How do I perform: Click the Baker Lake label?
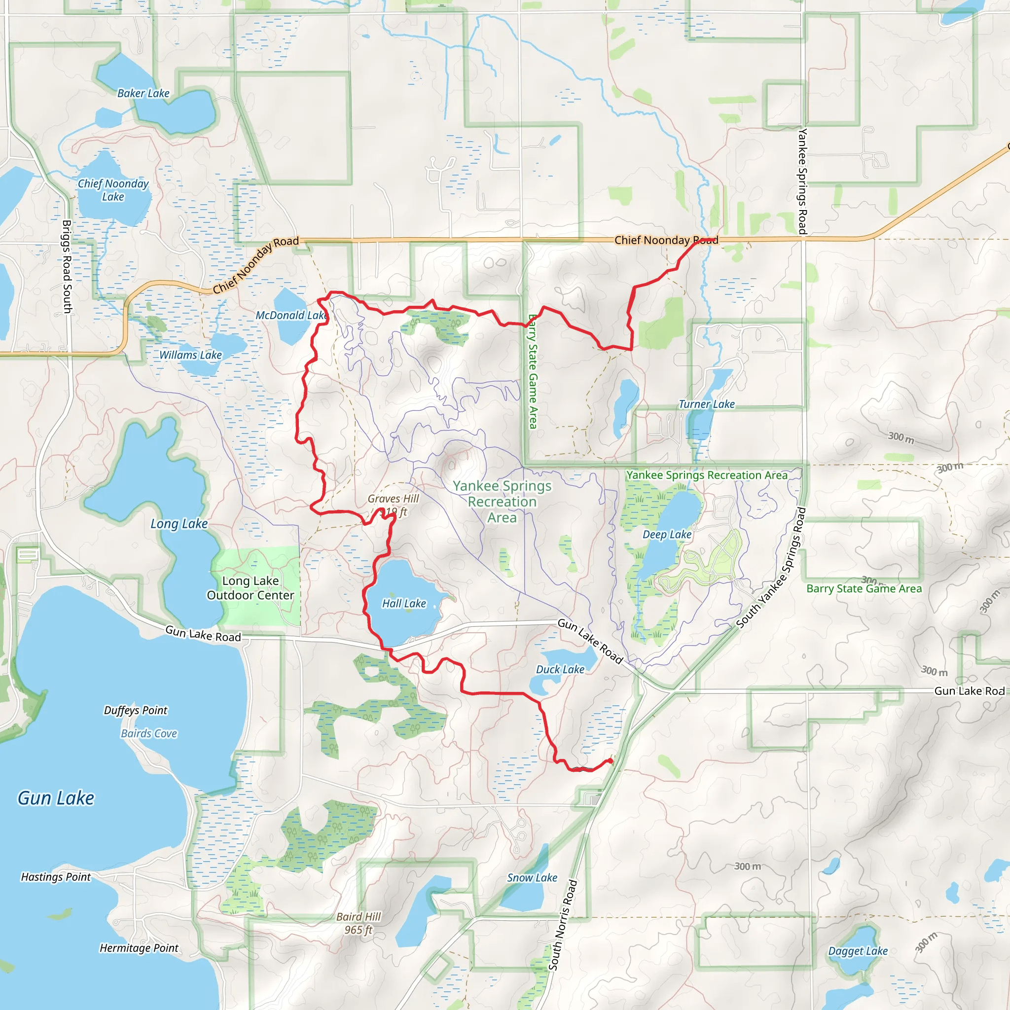tap(143, 94)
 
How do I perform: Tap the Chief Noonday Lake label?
tap(113, 190)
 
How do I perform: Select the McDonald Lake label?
tap(291, 315)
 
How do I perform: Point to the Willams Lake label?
tap(191, 355)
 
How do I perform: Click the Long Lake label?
tap(179, 524)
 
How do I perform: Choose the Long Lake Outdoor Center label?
tap(251, 588)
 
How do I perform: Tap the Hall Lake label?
tap(404, 603)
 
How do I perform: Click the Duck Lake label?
tap(560, 669)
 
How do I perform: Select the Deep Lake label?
tap(667, 534)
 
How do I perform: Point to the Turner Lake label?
tap(707, 404)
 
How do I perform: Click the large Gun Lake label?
tap(56, 798)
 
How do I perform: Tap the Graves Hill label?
tap(393, 499)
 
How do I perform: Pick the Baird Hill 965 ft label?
tap(359, 923)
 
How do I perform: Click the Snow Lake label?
tap(532, 878)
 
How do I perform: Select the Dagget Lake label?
tap(858, 951)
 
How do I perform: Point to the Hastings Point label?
tap(56, 877)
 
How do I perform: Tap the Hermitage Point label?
tap(139, 948)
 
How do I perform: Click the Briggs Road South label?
tap(68, 267)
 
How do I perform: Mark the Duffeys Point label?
tap(136, 710)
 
